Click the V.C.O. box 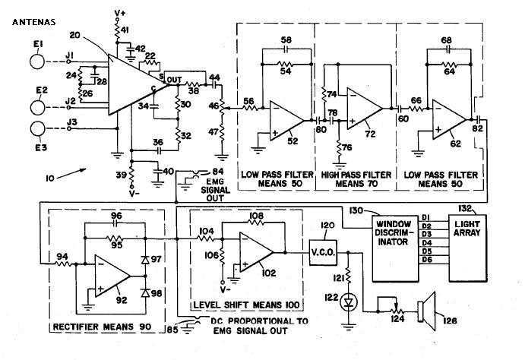coord(323,253)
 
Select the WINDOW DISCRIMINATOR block coord(395,248)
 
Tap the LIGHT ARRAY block coord(467,248)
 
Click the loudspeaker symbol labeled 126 coord(427,311)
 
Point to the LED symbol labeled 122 coord(349,303)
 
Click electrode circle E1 coord(36,62)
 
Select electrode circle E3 coord(37,129)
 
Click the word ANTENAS coord(34,23)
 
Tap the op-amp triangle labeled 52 coord(285,121)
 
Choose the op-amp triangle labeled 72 coord(363,109)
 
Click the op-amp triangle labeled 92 coord(111,276)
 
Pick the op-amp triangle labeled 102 coord(255,252)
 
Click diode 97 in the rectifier coord(145,259)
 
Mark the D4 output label coord(427,242)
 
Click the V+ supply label coord(119,13)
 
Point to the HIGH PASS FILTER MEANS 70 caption coord(356,179)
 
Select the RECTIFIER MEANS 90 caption coord(102,327)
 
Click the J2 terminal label coord(71,100)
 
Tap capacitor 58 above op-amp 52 coord(286,49)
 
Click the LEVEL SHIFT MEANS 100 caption coord(246,305)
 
